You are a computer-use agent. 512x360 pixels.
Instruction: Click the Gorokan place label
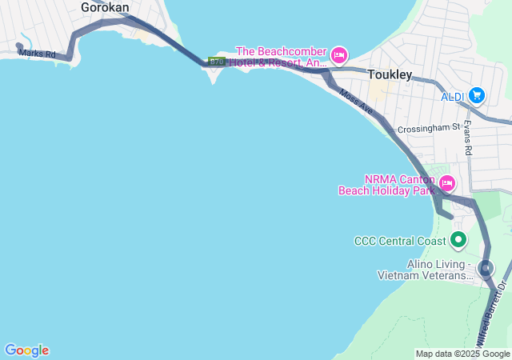tap(105, 7)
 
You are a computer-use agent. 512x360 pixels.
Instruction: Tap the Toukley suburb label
tap(390, 74)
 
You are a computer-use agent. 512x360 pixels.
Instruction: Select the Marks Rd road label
tap(38, 54)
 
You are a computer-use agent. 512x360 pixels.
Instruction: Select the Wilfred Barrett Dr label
tap(493, 312)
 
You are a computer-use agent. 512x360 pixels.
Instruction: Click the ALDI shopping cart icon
tap(477, 95)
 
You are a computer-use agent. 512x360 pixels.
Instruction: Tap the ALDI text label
tap(453, 97)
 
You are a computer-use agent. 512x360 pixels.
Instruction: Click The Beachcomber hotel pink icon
tap(338, 54)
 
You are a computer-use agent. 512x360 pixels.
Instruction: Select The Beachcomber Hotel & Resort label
tap(278, 56)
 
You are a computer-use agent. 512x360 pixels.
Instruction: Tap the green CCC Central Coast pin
tap(458, 239)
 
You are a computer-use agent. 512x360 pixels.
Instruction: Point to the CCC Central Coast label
tap(399, 241)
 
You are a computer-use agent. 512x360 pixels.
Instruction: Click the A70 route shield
tap(216, 62)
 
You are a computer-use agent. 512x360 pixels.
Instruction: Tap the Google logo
tap(26, 350)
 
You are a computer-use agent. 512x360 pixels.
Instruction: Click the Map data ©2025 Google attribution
tap(462, 354)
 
